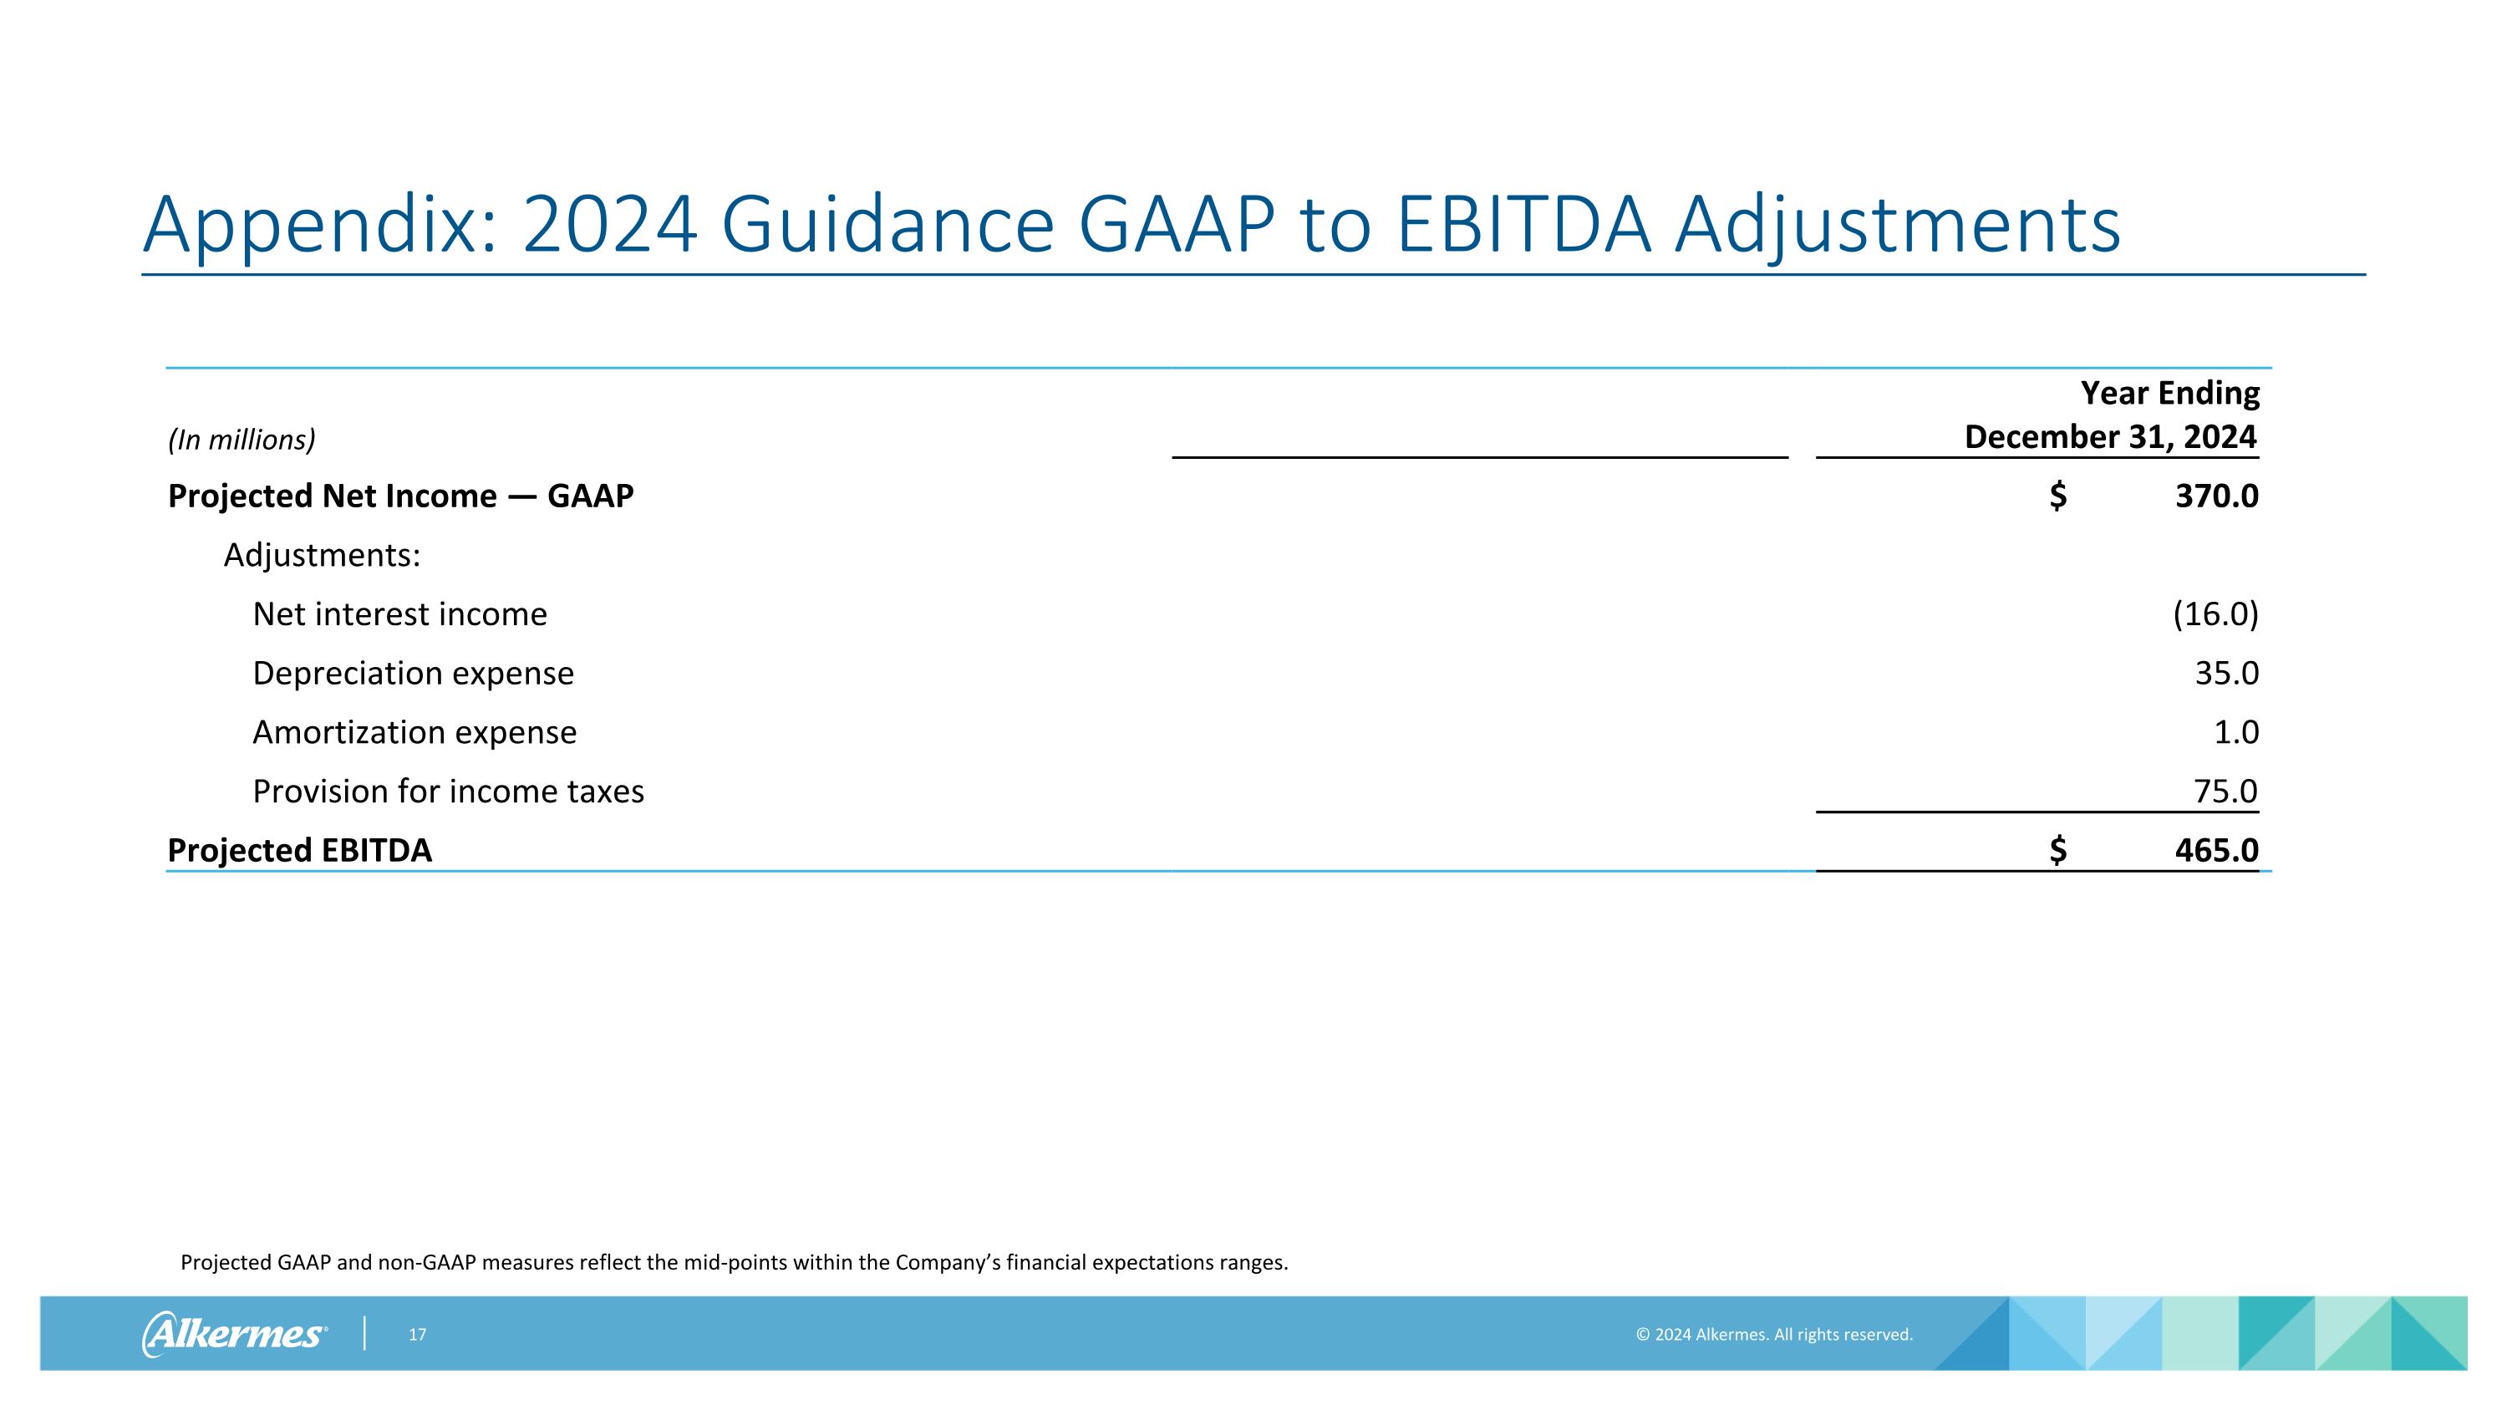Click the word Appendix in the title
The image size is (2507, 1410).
[x=320, y=226]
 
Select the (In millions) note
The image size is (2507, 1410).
[x=242, y=440]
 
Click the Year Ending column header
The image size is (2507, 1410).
[x=2169, y=393]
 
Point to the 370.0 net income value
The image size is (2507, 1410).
[x=2216, y=496]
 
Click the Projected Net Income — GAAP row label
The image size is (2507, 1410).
[x=400, y=496]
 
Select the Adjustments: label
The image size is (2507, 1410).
[x=322, y=556]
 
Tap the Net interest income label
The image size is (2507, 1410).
[x=399, y=615]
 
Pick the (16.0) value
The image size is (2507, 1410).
[x=2215, y=615]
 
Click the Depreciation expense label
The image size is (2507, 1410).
[x=413, y=674]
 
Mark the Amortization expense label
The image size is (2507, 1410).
[x=414, y=733]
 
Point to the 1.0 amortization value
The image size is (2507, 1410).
[x=2235, y=733]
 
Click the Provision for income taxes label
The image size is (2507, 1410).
[x=448, y=792]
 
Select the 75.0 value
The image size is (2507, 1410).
[x=2225, y=792]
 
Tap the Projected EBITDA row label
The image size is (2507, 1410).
[x=299, y=851]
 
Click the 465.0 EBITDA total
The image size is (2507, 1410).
[x=2216, y=851]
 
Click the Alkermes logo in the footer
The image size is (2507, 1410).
[x=234, y=1334]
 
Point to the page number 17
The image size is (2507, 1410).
[x=416, y=1335]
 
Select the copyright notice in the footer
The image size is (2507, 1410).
[x=1773, y=1335]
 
